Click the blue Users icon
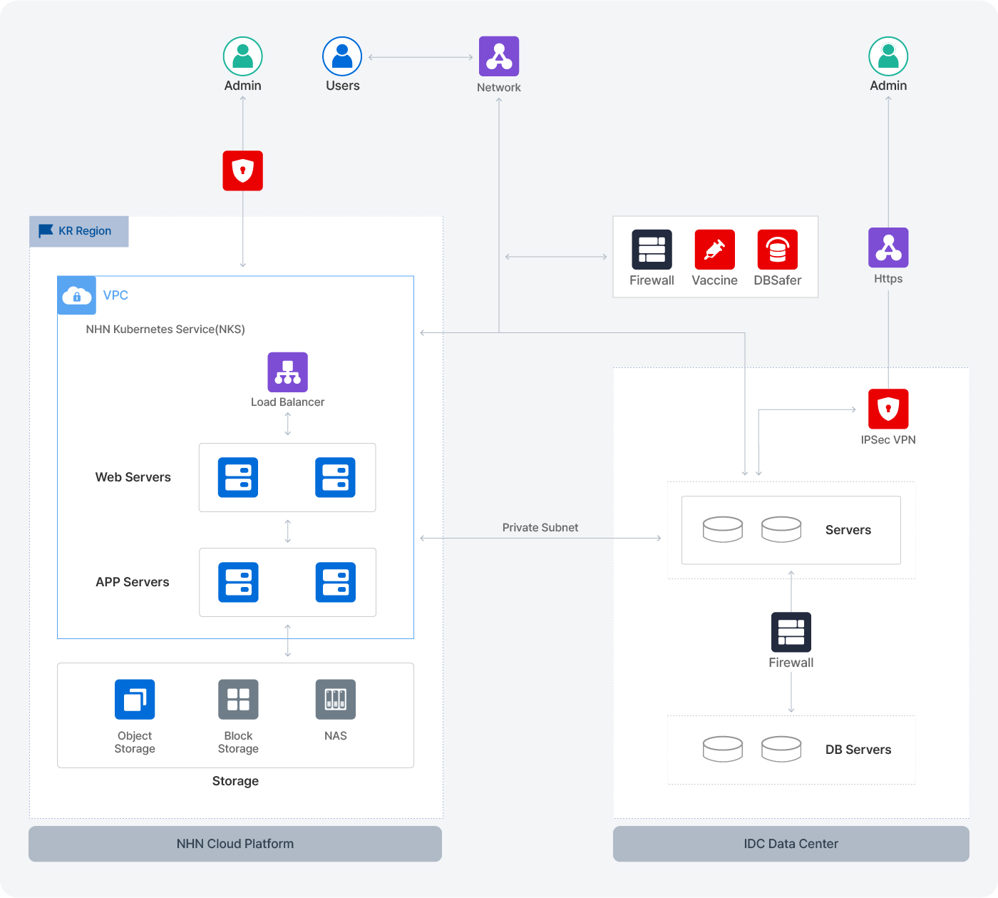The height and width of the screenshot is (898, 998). click(342, 56)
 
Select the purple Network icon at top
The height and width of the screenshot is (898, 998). click(499, 56)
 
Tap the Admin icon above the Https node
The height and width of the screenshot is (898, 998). click(888, 56)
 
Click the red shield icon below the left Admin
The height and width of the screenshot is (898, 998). click(243, 170)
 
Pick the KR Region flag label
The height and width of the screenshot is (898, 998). click(79, 231)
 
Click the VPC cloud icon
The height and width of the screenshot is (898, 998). click(77, 295)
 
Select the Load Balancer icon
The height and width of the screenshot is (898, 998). click(288, 372)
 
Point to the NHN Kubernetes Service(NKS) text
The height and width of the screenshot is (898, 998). click(165, 330)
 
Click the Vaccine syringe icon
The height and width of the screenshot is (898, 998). click(714, 250)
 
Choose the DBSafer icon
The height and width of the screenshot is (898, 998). click(778, 250)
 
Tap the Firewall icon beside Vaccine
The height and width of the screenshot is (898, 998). click(652, 250)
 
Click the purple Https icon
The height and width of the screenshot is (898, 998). click(888, 248)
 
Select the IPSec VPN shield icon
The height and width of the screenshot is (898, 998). click(888, 409)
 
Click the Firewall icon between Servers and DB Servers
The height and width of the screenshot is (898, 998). click(791, 632)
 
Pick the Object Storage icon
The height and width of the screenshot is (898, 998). click(135, 700)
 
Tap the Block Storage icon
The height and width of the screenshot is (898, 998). click(238, 700)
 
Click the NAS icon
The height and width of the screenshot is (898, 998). click(336, 700)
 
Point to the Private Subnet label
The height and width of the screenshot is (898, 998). click(540, 528)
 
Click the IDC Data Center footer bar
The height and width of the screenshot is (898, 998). click(791, 844)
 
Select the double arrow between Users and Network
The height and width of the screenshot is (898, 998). click(421, 57)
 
